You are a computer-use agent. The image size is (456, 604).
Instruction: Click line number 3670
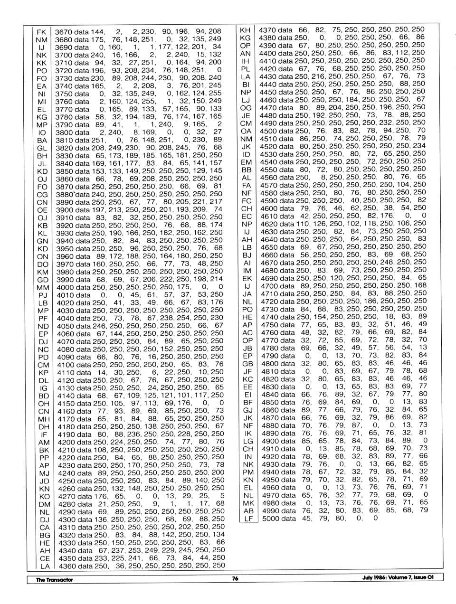[x=63, y=32]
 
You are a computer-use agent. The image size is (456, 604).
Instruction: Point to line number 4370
[x=267, y=30]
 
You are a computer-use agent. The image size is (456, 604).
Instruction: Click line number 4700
[x=268, y=285]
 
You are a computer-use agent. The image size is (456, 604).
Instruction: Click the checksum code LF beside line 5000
[x=248, y=519]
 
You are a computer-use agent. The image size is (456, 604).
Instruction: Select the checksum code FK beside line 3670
[x=41, y=32]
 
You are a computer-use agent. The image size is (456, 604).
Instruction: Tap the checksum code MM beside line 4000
[x=43, y=287]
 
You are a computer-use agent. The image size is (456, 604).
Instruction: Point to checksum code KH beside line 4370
[x=246, y=30]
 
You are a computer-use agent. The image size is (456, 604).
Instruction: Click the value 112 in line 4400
[x=404, y=53]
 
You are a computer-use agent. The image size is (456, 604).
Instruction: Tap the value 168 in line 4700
[x=420, y=285]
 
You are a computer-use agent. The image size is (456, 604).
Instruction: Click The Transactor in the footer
[x=55, y=580]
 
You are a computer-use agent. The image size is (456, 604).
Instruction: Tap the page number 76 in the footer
[x=235, y=579]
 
